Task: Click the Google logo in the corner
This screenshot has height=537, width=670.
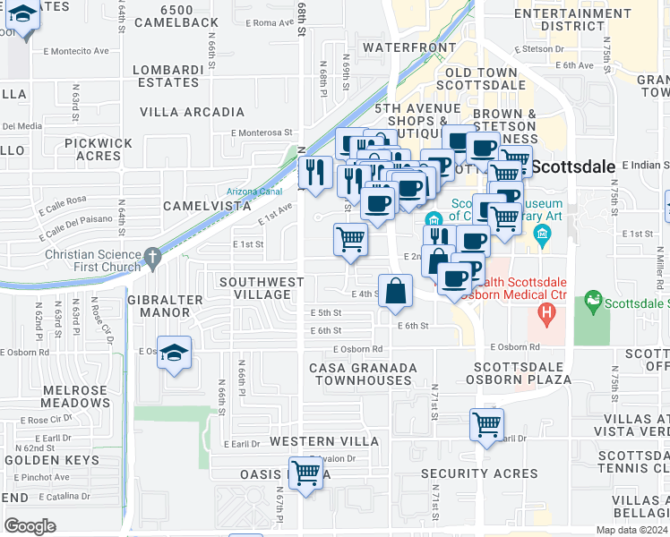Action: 30,525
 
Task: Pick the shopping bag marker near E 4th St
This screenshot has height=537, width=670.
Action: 395,291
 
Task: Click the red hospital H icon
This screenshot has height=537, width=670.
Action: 545,314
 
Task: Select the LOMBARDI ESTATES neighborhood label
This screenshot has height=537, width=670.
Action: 166,76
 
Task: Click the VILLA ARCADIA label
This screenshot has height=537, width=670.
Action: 192,112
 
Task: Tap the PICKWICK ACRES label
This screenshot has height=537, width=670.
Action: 99,149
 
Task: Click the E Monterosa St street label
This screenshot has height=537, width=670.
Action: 261,132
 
